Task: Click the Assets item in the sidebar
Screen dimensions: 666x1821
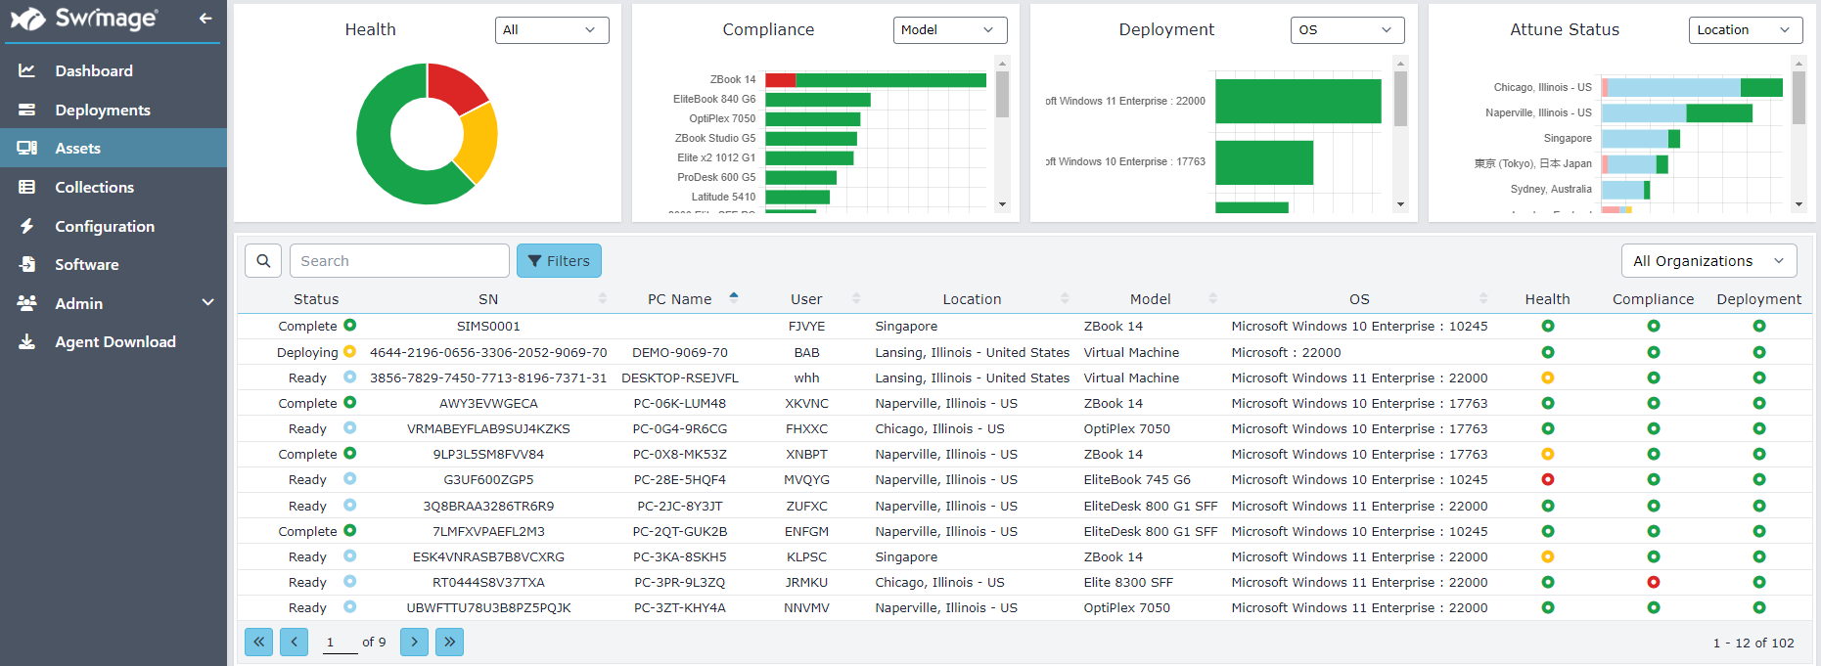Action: (77, 149)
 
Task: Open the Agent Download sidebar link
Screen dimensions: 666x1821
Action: (114, 342)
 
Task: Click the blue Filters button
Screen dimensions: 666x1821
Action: (559, 261)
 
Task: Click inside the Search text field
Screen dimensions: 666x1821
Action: (399, 261)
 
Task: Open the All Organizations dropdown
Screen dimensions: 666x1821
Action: (1707, 261)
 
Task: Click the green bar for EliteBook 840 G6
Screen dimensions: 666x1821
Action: (817, 100)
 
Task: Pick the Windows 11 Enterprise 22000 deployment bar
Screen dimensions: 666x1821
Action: (1297, 102)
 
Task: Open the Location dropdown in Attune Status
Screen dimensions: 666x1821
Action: (1745, 30)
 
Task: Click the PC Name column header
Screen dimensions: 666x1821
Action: (679, 299)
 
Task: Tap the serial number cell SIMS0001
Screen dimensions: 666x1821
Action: (488, 327)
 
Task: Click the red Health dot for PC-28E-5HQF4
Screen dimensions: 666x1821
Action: (1547, 480)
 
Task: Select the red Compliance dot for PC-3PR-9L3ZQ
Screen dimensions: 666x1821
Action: (1653, 583)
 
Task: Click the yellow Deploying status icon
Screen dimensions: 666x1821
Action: (349, 352)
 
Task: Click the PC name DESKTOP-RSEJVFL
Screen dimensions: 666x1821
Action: (679, 378)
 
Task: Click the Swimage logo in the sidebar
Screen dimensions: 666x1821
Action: (84, 19)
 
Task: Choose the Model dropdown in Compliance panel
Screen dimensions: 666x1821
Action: (949, 30)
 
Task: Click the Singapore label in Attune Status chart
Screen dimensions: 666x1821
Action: (1567, 139)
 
